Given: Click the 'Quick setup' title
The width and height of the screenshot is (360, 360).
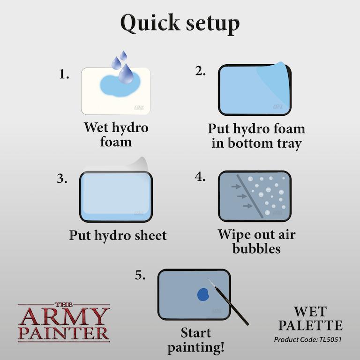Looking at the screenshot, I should [x=180, y=23].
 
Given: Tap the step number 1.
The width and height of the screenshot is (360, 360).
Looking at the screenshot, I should [x=64, y=75].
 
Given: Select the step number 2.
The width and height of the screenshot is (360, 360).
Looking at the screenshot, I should [x=200, y=71].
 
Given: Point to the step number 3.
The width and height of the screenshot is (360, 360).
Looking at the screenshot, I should [x=62, y=179].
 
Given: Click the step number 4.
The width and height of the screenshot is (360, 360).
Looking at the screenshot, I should [x=200, y=177].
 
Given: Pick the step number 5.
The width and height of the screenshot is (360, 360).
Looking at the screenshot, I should [x=140, y=275].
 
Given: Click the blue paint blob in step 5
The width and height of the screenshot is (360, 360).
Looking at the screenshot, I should [x=203, y=294].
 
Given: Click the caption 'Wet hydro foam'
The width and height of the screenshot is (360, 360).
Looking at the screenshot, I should [x=116, y=134].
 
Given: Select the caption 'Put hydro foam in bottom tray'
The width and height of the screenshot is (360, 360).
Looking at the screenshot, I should [x=256, y=136].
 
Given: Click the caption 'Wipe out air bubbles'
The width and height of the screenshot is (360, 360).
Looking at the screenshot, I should [x=256, y=241].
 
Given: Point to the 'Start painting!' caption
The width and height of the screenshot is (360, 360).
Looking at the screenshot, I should [x=202, y=340].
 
